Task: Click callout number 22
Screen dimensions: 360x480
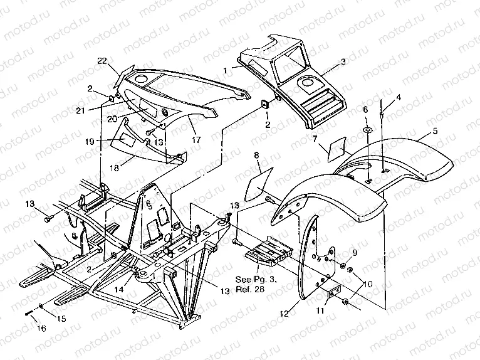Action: (102, 60)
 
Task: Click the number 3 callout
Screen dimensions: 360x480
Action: (343, 62)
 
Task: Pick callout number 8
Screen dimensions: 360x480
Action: (256, 154)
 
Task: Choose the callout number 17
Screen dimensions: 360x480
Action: (196, 140)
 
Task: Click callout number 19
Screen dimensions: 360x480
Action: (90, 142)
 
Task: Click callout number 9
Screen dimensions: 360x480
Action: (354, 253)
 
